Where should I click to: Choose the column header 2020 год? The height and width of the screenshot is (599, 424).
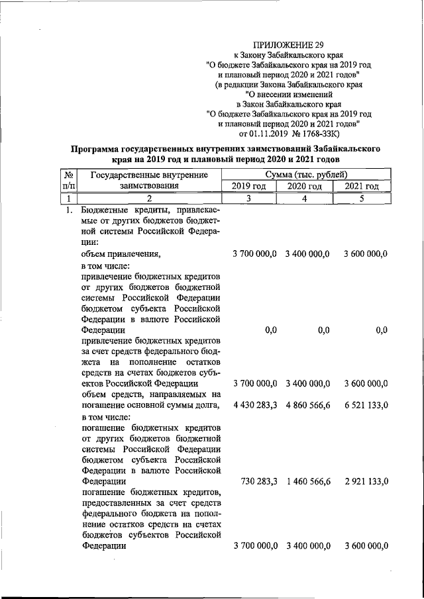coord(305,187)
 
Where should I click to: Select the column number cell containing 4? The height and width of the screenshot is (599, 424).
coord(305,199)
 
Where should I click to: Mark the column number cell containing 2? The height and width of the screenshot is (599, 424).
coord(149,199)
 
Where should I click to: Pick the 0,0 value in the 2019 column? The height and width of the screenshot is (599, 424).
coord(270,330)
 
